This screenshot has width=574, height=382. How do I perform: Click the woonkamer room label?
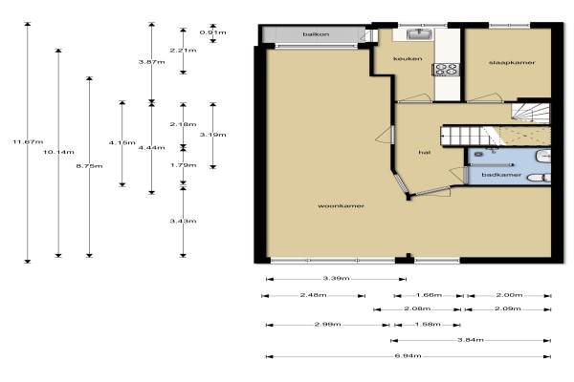click(341, 206)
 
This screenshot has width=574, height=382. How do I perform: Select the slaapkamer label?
click(512, 62)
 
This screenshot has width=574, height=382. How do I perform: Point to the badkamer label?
click(501, 175)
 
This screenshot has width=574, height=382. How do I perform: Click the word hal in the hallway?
click(424, 153)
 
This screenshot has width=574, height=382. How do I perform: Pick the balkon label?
click(316, 34)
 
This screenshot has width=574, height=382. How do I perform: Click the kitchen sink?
click(419, 34)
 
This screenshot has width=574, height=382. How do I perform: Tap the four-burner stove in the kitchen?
click(446, 70)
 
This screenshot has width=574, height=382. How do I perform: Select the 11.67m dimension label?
click(28, 142)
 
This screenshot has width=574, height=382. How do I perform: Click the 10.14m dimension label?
click(58, 152)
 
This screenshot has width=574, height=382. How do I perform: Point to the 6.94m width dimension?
click(408, 355)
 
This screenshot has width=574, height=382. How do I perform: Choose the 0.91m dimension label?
click(212, 32)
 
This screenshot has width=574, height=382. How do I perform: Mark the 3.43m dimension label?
click(183, 222)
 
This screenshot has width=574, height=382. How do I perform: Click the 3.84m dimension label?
click(471, 340)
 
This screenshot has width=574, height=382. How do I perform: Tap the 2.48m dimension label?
click(314, 295)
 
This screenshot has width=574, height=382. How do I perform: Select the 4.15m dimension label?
click(122, 143)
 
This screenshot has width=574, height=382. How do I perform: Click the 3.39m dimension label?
click(336, 279)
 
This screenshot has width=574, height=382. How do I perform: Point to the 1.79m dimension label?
click(183, 165)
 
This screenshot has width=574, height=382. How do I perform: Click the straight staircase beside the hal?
click(470, 136)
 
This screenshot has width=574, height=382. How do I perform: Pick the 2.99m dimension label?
click(327, 325)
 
